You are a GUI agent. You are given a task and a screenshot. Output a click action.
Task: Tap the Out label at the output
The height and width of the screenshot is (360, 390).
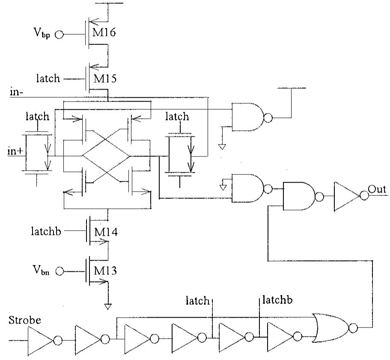(x=377, y=190)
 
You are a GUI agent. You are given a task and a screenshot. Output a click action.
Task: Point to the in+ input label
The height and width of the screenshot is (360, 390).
(x=15, y=151)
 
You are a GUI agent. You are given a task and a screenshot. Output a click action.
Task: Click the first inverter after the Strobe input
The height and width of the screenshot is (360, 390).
(x=41, y=340)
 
